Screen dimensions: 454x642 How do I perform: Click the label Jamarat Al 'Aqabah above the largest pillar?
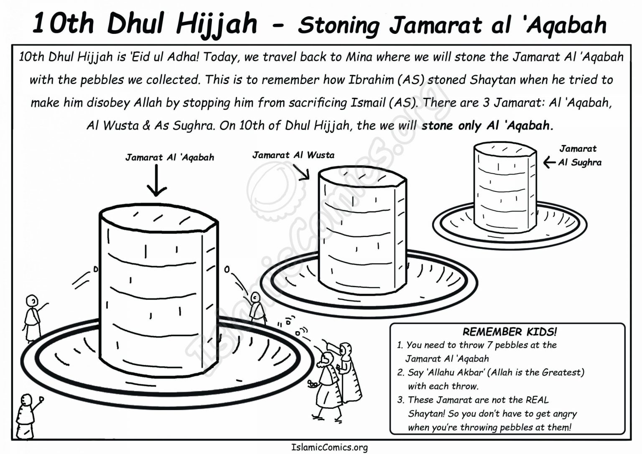(169, 158)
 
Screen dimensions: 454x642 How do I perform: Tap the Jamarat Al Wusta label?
(293, 155)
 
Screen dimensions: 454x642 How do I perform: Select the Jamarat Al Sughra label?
(579, 156)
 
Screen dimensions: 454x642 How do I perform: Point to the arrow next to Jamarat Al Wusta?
(301, 171)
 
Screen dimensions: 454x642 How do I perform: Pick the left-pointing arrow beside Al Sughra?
(549, 163)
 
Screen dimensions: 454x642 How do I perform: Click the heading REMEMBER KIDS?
(509, 332)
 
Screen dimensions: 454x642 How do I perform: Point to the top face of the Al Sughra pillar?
(504, 150)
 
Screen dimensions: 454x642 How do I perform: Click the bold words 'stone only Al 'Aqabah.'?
(487, 125)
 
